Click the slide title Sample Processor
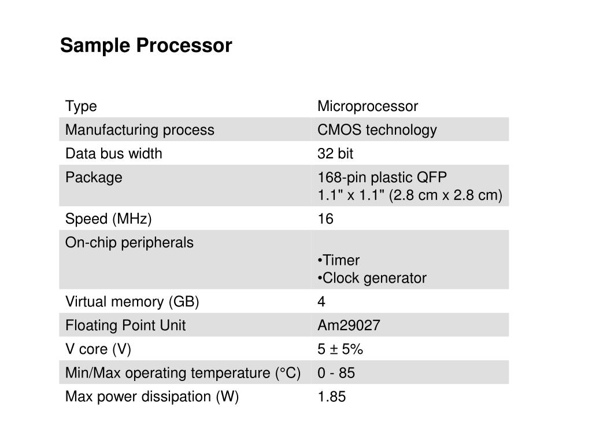tap(146, 45)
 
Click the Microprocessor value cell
tap(367, 106)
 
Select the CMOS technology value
tap(377, 130)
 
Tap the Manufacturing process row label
tap(139, 130)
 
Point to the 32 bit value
tap(335, 154)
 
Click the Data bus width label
tap(113, 154)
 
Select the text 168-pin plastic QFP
tap(382, 177)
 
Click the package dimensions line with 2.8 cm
tap(410, 195)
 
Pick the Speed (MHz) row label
tap(108, 219)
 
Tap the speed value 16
tap(325, 219)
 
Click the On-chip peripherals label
tap(129, 243)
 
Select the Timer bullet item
tap(340, 260)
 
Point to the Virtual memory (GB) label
tap(132, 302)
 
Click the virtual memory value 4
tap(321, 302)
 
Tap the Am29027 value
tap(349, 325)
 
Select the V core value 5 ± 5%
tap(340, 349)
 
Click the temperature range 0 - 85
tap(336, 373)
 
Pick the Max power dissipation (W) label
tap(151, 397)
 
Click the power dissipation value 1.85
tap(331, 397)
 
